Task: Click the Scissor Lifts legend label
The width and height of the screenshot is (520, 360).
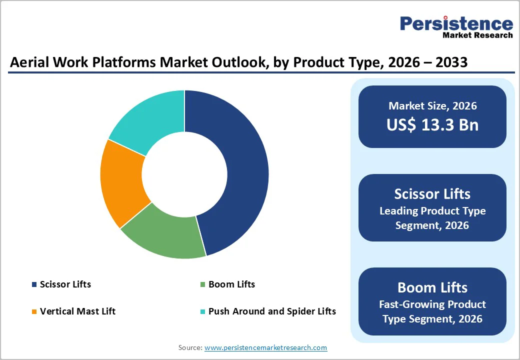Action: pyautogui.click(x=65, y=284)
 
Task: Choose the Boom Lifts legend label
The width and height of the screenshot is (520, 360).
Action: pyautogui.click(x=231, y=284)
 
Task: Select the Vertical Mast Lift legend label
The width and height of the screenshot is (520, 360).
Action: pyautogui.click(x=77, y=311)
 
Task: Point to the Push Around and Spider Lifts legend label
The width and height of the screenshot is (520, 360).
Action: pyautogui.click(x=272, y=311)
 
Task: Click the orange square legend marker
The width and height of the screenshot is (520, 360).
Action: pyautogui.click(x=34, y=311)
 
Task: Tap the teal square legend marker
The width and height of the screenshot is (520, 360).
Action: pyautogui.click(x=202, y=311)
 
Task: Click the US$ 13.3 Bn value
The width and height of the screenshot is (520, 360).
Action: pyautogui.click(x=432, y=125)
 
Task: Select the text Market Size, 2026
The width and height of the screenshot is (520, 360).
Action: pyautogui.click(x=432, y=106)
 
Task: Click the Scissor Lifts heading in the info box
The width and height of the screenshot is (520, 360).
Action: pyautogui.click(x=432, y=193)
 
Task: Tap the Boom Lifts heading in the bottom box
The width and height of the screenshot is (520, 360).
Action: pyautogui.click(x=432, y=287)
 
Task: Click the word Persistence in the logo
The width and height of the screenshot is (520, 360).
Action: pyautogui.click(x=456, y=23)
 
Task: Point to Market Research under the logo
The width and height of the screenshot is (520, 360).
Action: pyautogui.click(x=477, y=35)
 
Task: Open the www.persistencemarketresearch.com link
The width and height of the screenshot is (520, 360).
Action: pyautogui.click(x=265, y=347)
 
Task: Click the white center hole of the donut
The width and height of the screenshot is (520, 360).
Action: pyautogui.click(x=184, y=174)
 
